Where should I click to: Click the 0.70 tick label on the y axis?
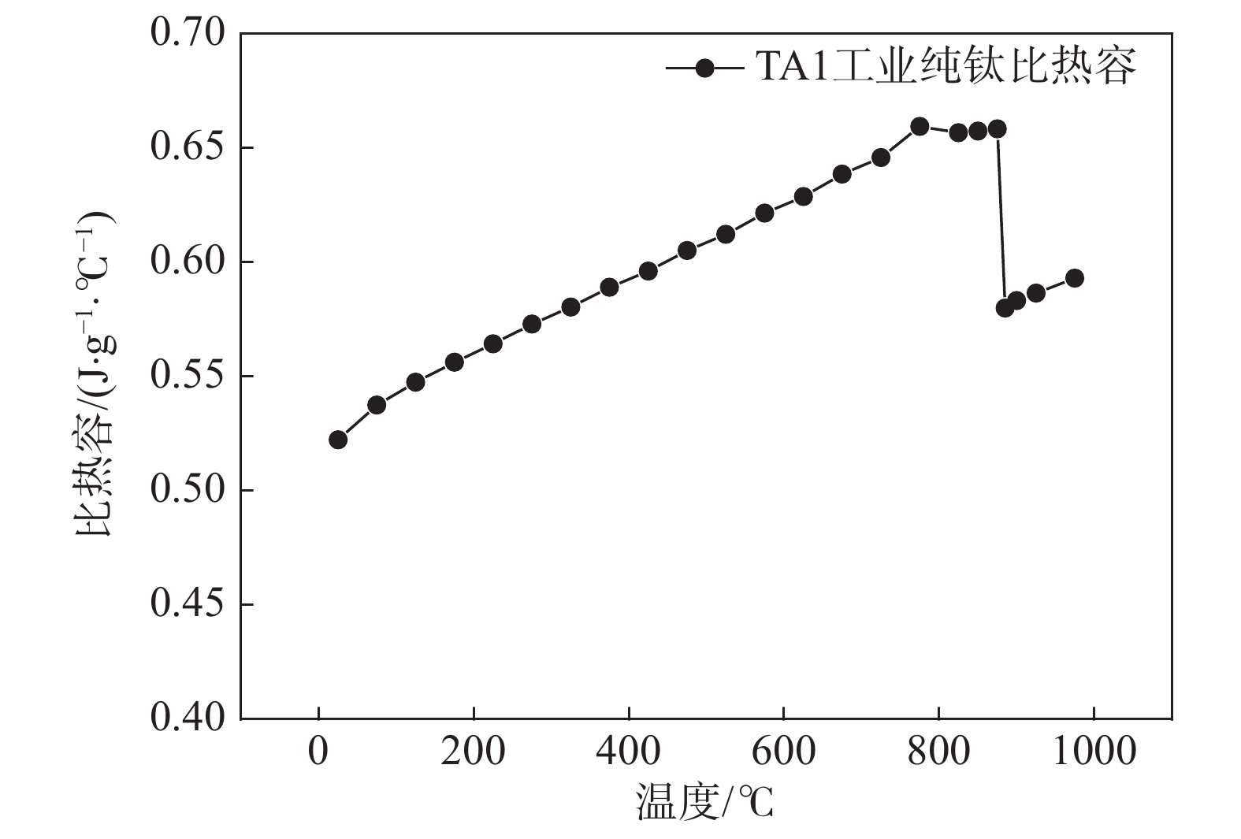tap(187, 34)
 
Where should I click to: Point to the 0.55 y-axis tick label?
tap(187, 377)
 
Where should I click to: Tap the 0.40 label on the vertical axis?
tap(187, 718)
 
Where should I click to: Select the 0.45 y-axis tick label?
tap(187, 604)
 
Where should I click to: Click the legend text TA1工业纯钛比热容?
tap(946, 66)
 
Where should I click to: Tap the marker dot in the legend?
tap(704, 68)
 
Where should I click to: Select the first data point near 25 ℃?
tap(338, 440)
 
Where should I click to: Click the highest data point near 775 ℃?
tap(920, 126)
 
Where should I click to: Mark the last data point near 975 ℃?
tap(1074, 278)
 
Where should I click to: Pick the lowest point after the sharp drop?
tap(1005, 308)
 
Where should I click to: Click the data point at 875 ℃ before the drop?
tap(997, 129)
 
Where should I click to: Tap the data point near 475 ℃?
tap(687, 251)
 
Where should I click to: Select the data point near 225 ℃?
tap(493, 343)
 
